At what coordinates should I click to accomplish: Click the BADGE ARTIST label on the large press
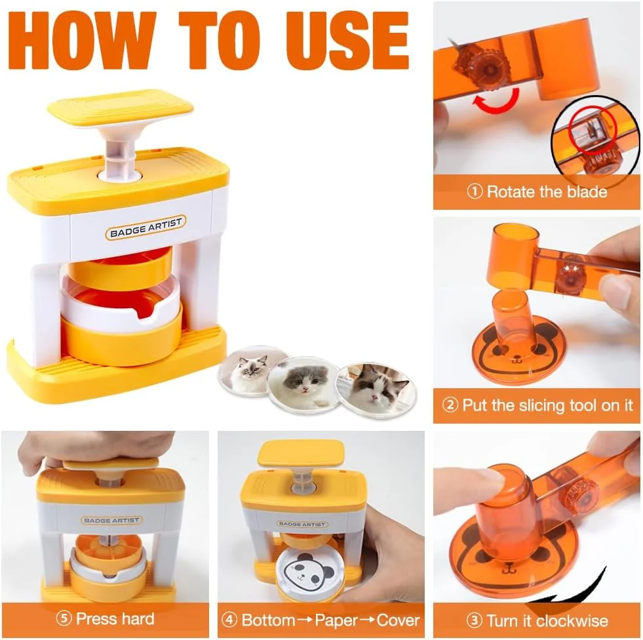tap(146, 228)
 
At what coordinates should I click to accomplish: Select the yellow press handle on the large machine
tap(120, 108)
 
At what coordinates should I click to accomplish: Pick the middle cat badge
tap(303, 381)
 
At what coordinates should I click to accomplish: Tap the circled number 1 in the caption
tap(475, 191)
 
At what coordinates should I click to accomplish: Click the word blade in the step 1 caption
tap(587, 191)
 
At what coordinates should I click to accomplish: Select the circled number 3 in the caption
tap(474, 620)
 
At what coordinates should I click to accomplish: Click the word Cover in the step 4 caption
tap(398, 620)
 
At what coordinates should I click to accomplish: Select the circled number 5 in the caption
tap(64, 618)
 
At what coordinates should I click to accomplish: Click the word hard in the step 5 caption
tap(135, 618)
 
